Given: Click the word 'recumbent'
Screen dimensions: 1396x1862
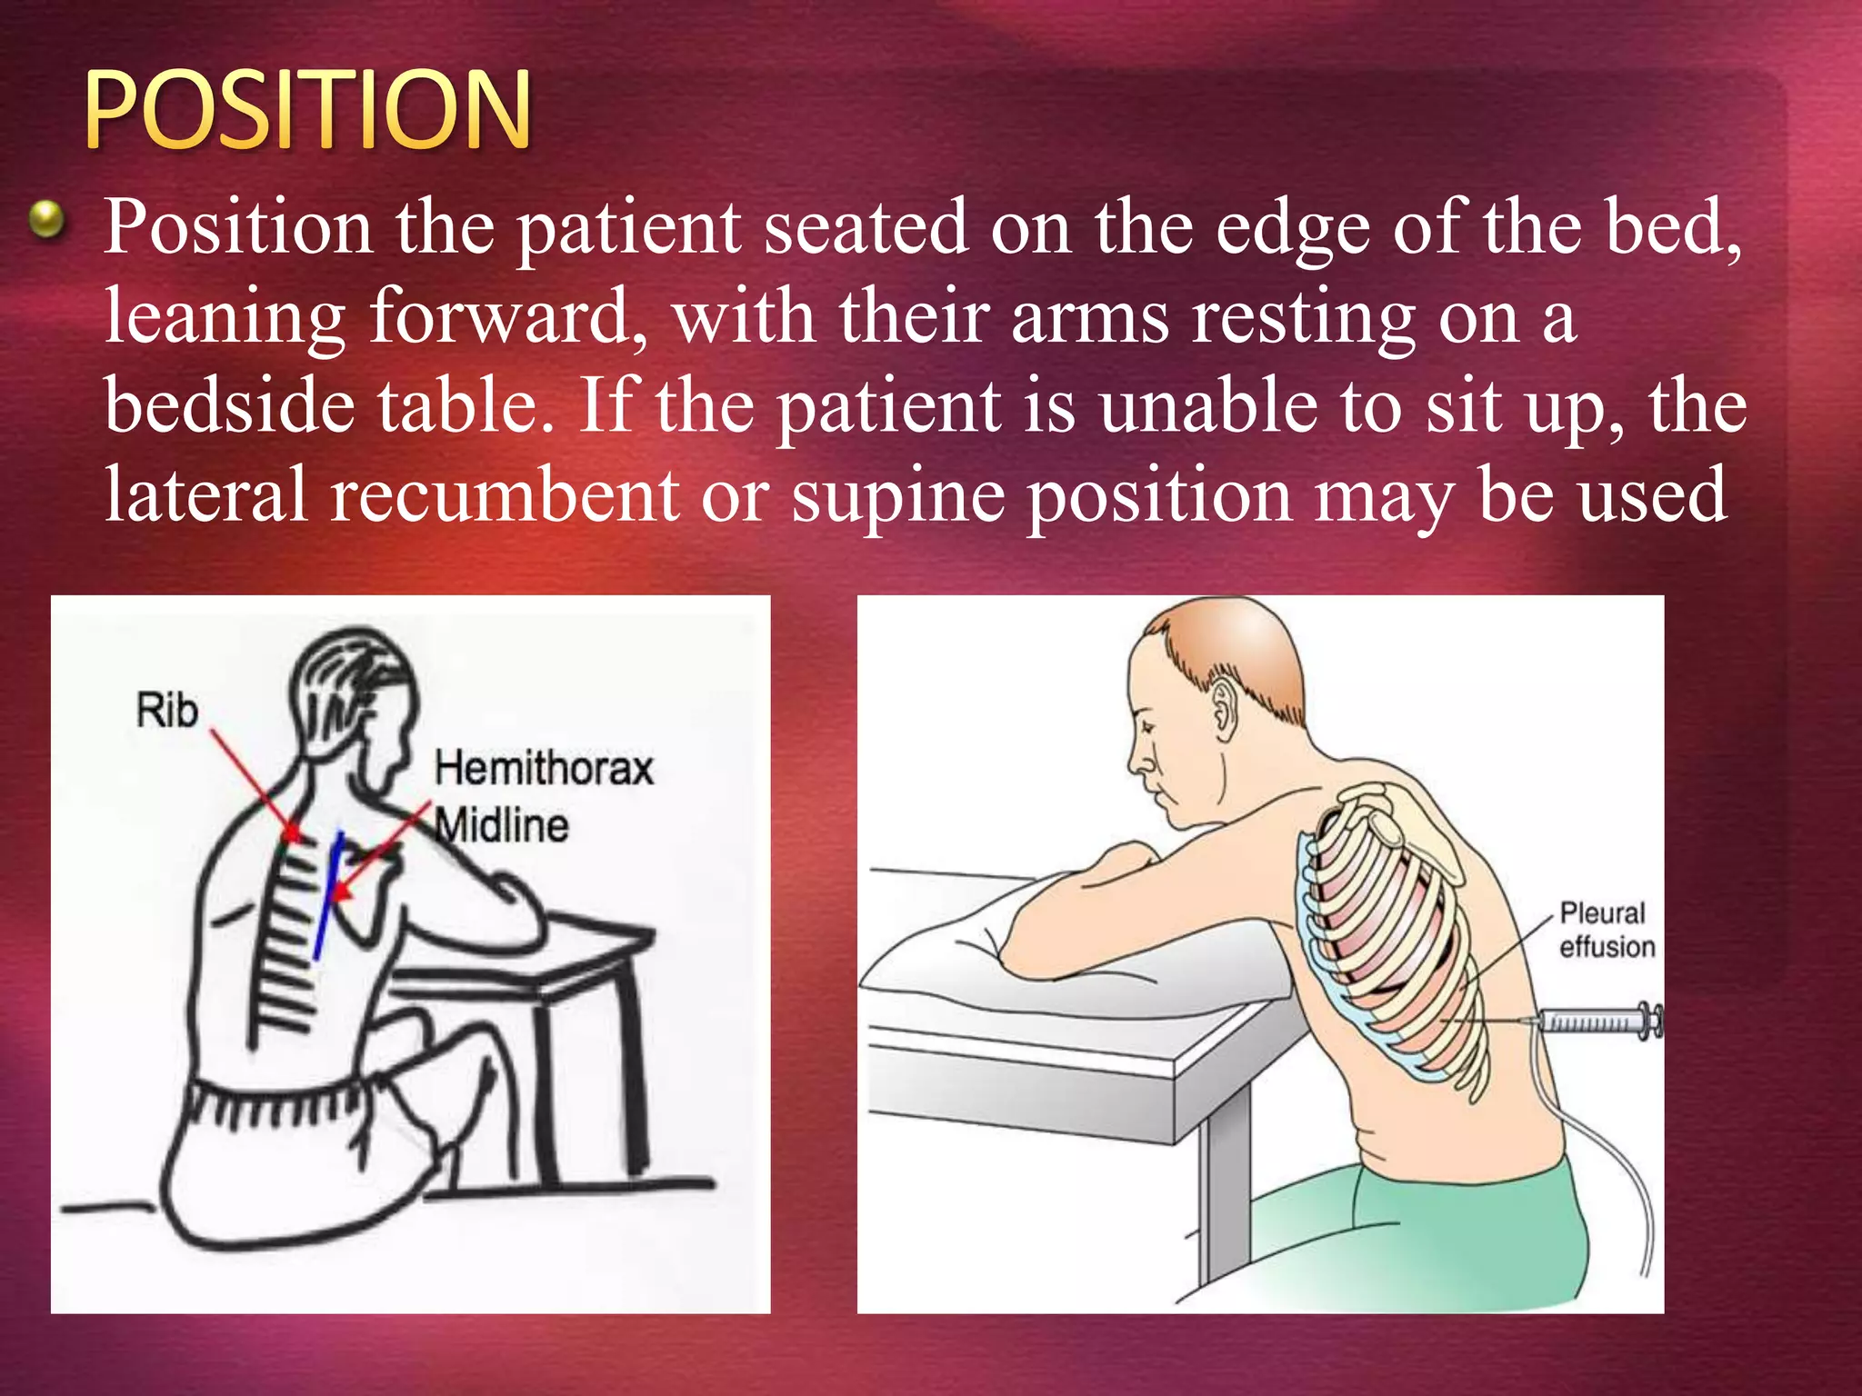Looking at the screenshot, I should coord(504,494).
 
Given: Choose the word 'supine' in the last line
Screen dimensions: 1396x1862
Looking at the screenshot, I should coord(897,496).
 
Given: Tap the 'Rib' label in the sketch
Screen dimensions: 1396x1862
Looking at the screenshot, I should coord(167,710).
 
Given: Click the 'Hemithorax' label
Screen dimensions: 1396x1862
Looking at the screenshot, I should coord(544,768).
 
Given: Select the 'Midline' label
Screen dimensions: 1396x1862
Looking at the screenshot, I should coord(502,825).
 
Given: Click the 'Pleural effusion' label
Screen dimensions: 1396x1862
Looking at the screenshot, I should coord(1606,930).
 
